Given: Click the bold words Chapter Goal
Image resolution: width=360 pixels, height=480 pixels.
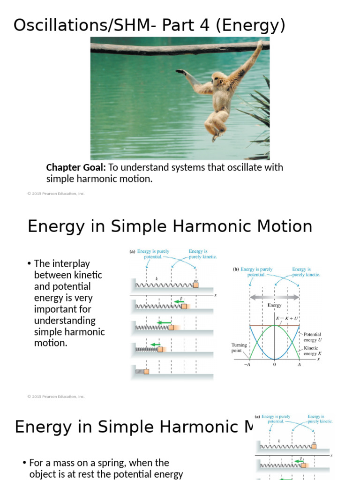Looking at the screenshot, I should pyautogui.click(x=76, y=167).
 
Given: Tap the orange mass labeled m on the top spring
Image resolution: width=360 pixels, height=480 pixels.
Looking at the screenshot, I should pyautogui.click(x=195, y=285).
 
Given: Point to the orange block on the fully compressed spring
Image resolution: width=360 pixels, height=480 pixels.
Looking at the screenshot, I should pyautogui.click(x=146, y=372).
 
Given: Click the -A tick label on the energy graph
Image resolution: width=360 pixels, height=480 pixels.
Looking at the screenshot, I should pyautogui.click(x=247, y=365).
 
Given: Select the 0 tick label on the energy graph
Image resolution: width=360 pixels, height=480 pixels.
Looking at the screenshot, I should pyautogui.click(x=275, y=365).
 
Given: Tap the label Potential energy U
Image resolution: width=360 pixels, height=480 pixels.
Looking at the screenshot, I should pyautogui.click(x=312, y=337).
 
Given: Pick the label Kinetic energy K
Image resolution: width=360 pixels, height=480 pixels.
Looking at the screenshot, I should pyautogui.click(x=311, y=351).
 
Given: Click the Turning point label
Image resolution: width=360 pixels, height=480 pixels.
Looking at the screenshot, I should pyautogui.click(x=239, y=348).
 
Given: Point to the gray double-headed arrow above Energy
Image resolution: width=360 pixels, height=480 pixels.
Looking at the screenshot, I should pyautogui.click(x=275, y=297).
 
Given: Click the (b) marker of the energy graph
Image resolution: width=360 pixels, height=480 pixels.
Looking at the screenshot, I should pyautogui.click(x=236, y=270).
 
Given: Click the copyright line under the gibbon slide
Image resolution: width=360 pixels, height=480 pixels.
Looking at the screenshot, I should pyautogui.click(x=56, y=194).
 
